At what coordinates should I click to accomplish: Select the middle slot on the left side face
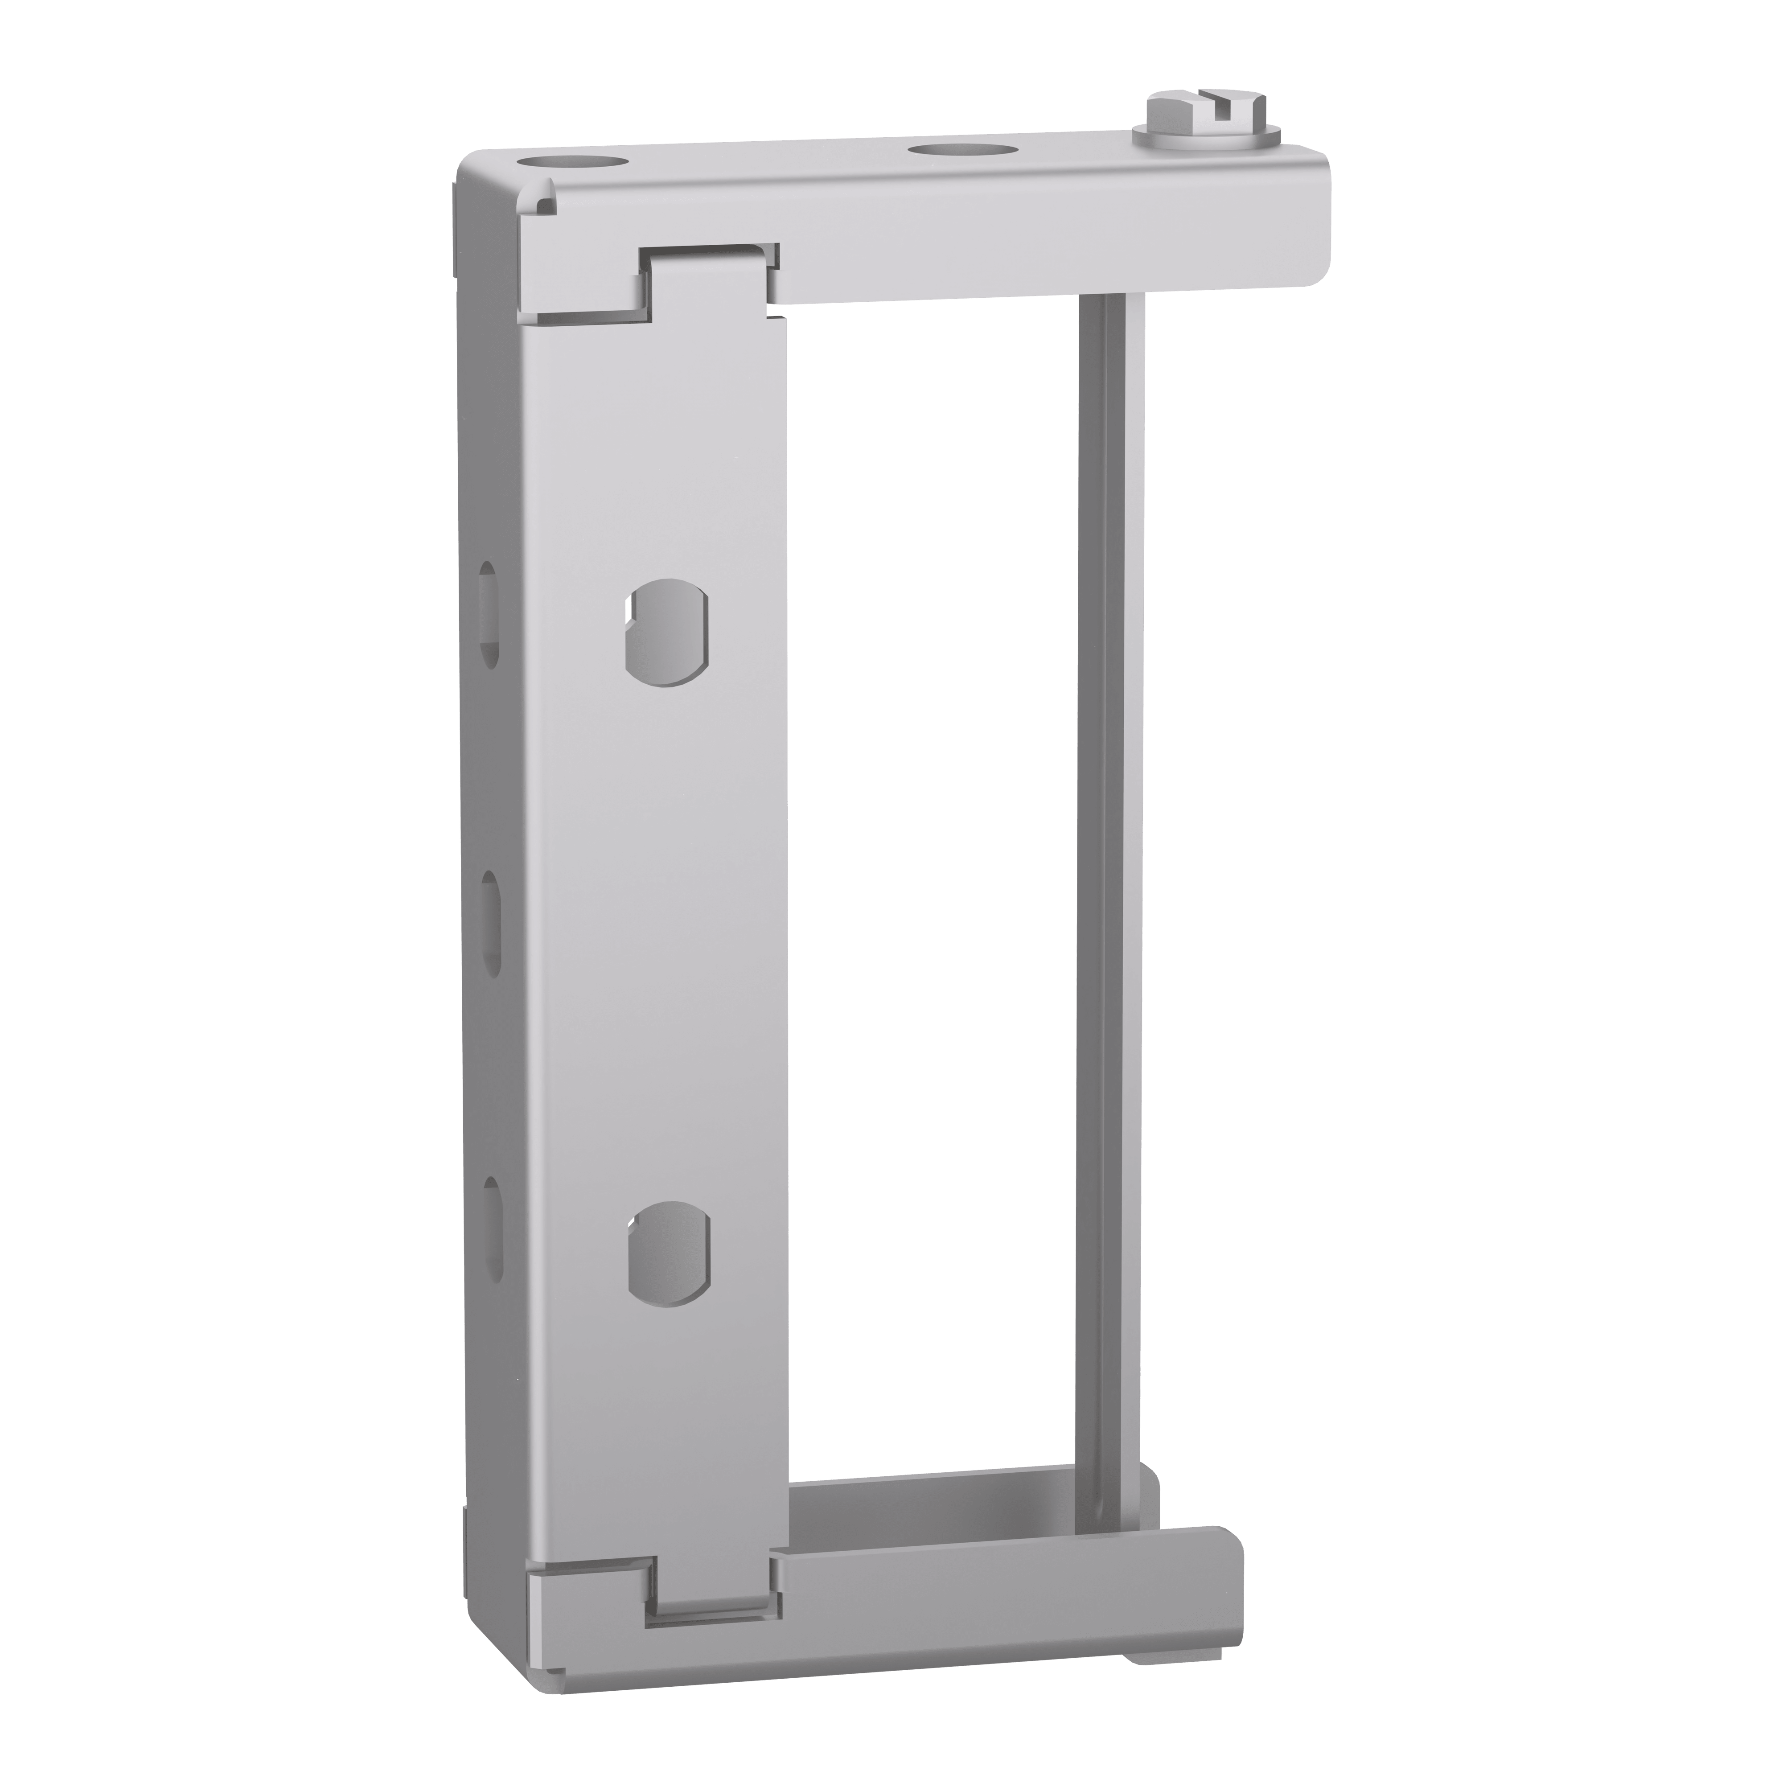coord(491,923)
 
